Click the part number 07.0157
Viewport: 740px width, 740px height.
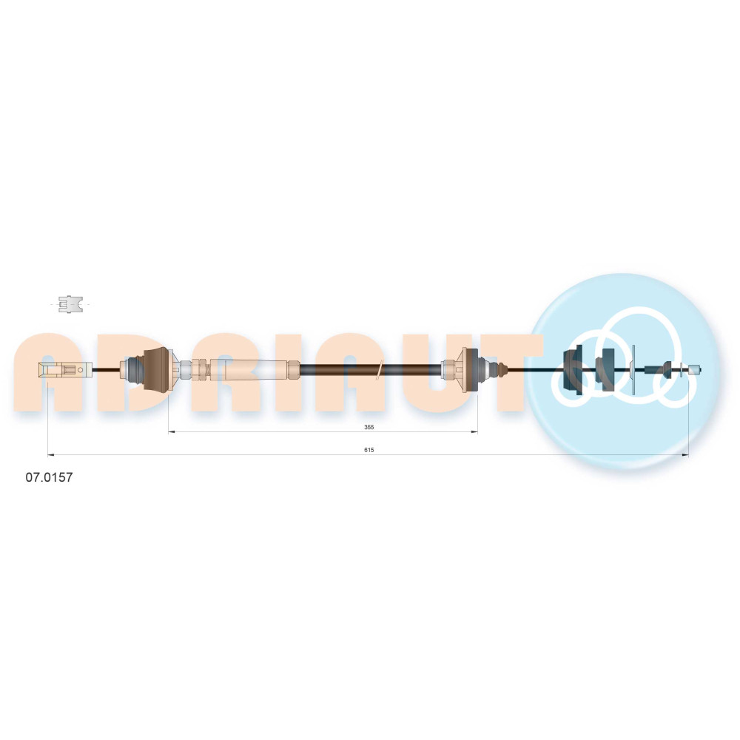(49, 477)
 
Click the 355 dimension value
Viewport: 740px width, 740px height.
(369, 427)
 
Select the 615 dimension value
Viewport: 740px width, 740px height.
(369, 450)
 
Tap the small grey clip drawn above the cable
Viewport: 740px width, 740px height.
(70, 304)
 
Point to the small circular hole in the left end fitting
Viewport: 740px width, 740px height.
(80, 369)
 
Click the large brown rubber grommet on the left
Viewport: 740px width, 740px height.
(155, 369)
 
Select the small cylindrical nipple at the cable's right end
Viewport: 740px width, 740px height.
(695, 369)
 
